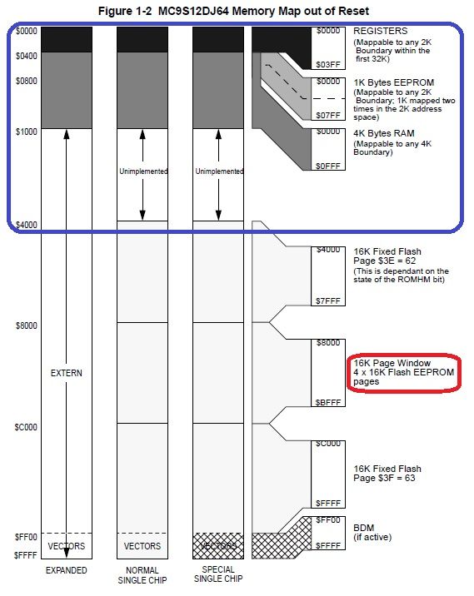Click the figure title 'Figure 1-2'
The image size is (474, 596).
click(125, 11)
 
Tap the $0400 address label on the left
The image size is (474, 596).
click(27, 57)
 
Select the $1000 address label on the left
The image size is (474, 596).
click(27, 132)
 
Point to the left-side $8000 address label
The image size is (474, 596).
click(27, 325)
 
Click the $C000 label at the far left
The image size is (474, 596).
click(26, 427)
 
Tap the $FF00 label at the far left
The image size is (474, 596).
click(26, 537)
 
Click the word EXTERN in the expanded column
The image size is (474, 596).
click(66, 373)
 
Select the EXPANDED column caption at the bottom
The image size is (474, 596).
click(66, 570)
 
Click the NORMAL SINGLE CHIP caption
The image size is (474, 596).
click(142, 575)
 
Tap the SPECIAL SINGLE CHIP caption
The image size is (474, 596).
click(218, 574)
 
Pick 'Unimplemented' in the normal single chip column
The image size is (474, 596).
click(143, 171)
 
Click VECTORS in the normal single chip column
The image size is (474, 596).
click(142, 546)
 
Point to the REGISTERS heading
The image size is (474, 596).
click(381, 31)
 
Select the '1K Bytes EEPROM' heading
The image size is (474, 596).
click(394, 82)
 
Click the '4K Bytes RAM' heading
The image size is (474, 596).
click(384, 133)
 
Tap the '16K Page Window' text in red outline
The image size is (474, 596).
click(392, 363)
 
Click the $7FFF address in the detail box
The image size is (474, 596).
click(328, 301)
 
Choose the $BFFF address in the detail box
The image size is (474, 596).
click(328, 403)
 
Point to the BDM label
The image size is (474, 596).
click(364, 528)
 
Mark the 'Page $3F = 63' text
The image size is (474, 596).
click(384, 478)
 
